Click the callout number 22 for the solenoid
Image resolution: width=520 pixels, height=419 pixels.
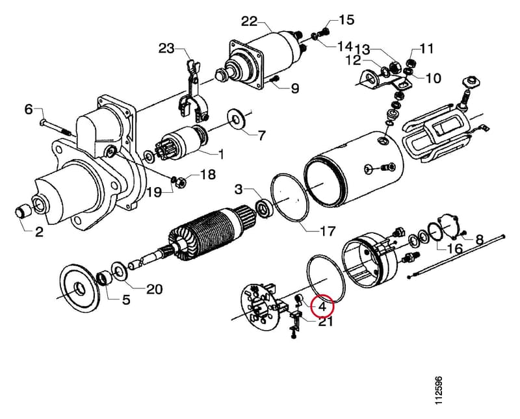pos(250,22)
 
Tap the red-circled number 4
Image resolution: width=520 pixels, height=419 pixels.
pos(322,307)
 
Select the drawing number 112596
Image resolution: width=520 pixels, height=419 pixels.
pos(438,390)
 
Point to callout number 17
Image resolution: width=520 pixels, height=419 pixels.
pos(327,231)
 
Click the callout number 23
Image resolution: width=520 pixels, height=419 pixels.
pos(166,49)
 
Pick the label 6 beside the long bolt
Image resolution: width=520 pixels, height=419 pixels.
pos(29,109)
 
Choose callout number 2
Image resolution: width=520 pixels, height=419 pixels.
pos(39,232)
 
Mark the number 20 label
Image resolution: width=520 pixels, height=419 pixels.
pos(155,289)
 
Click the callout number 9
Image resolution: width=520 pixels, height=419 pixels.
pos(295,88)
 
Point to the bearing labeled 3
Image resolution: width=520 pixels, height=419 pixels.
pos(265,208)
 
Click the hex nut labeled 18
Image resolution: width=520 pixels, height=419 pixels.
pos(181,182)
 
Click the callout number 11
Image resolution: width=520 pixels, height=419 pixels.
pos(426,49)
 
